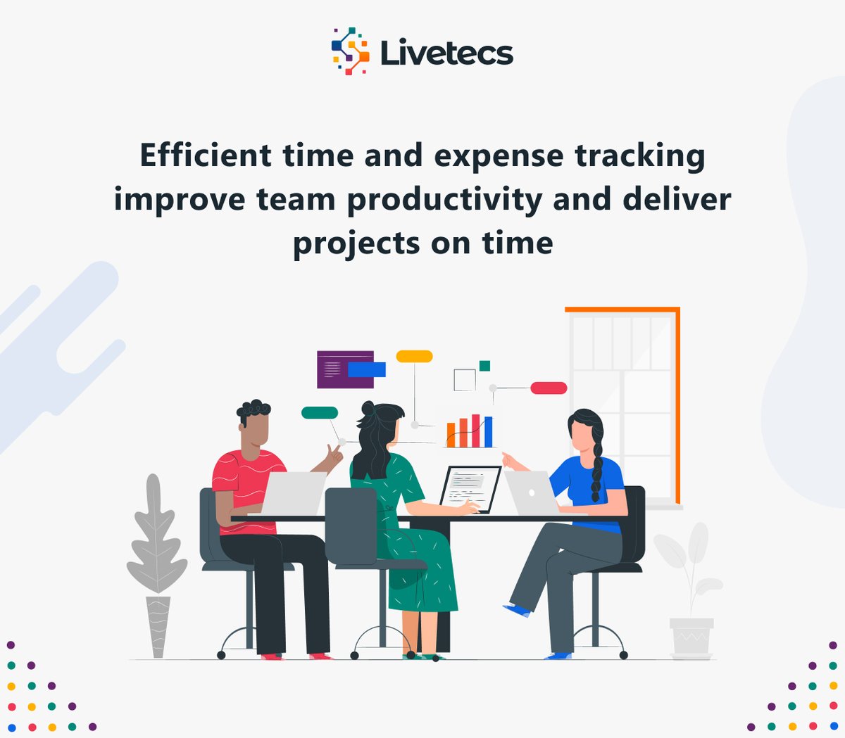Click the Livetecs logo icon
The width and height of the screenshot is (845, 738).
coord(350,51)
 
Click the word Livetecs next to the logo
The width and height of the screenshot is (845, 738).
coord(446,53)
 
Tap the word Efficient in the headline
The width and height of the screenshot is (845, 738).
coord(206,155)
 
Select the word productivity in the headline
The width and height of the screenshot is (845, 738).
coord(445,201)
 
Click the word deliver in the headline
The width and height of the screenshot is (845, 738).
coord(677,199)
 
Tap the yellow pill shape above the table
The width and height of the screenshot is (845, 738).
coord(414,357)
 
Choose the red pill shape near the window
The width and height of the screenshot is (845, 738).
coord(549,388)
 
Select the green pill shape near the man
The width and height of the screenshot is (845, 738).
coord(320,413)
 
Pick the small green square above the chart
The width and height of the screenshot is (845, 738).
coord(484,366)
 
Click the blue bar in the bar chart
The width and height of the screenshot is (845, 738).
coord(488,432)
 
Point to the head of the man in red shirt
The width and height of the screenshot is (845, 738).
coord(254,425)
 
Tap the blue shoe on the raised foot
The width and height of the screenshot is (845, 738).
coord(518,609)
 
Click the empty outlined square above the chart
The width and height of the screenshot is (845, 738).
coord(465,380)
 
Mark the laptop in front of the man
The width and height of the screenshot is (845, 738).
coord(294,492)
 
